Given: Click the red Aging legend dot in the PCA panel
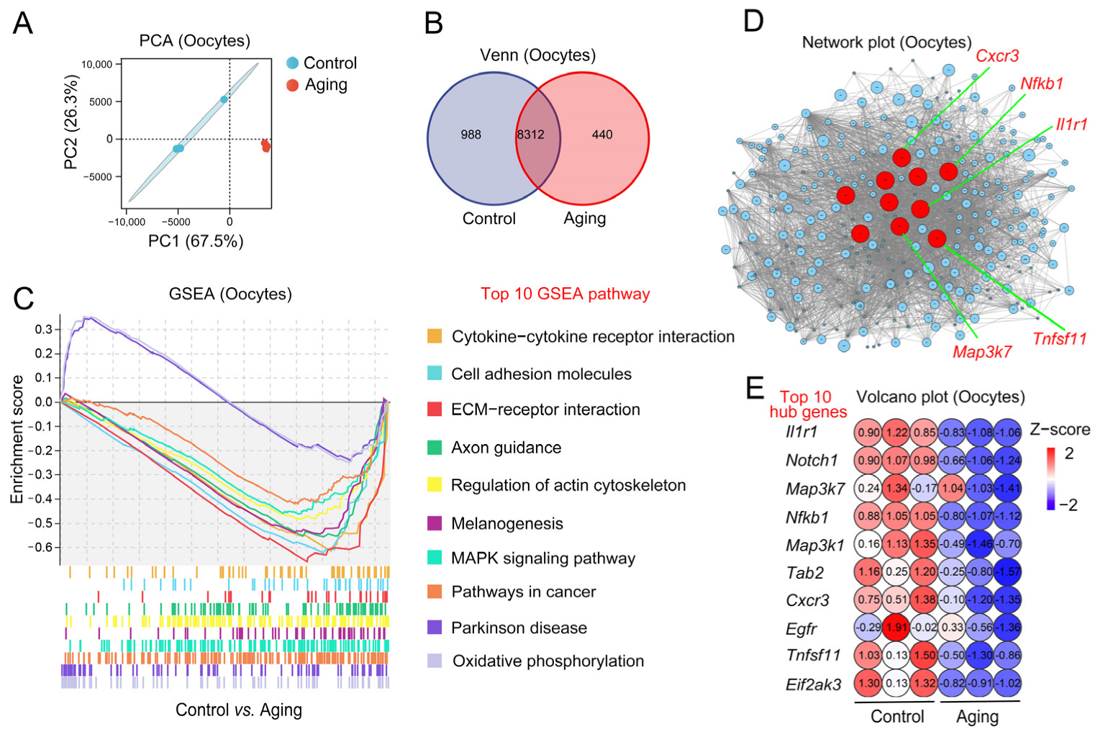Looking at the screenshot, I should tap(292, 85).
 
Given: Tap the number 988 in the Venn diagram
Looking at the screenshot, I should tap(471, 135).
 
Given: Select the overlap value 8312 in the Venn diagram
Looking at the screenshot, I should tap(530, 135).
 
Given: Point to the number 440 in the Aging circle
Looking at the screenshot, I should tap(602, 135).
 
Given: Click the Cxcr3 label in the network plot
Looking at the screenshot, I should tap(997, 56).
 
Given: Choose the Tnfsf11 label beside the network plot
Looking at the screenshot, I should tap(1059, 338).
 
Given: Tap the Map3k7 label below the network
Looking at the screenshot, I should tap(982, 352).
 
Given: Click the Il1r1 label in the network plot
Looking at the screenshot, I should tap(1071, 125).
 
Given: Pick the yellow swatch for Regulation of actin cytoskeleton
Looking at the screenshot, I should tap(435, 484).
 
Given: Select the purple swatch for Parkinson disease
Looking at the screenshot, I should tap(435, 627).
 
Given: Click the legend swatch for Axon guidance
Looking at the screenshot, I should tap(435, 447).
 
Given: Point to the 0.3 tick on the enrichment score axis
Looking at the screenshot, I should tap(44, 330).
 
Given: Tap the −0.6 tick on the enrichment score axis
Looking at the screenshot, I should tap(41, 547).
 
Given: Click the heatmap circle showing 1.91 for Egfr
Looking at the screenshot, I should tap(896, 628).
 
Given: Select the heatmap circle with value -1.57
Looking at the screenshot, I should tap(1007, 572).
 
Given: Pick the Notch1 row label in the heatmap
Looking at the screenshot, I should tap(812, 461).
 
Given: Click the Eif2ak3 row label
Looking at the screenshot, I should tap(813, 684).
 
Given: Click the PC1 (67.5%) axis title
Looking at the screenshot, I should tap(196, 241).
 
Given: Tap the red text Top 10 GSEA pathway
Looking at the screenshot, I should tap(565, 294).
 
